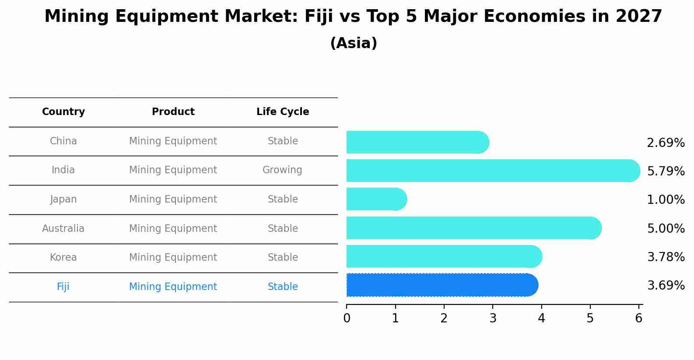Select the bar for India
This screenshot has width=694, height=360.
pos(492,171)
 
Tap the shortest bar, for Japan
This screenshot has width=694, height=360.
pos(376,199)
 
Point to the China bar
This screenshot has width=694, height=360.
pos(417,142)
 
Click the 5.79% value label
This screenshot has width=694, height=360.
pos(666,171)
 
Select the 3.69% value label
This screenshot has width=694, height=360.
pos(666,286)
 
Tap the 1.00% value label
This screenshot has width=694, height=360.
pos(666,200)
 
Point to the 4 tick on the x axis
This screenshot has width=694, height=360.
pos(541,318)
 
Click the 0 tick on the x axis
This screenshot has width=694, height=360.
pos(347,318)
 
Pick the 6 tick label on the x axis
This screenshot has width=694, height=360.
pos(638,318)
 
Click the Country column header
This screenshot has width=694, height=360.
pos(63,112)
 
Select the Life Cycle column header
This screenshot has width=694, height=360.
pos(283,112)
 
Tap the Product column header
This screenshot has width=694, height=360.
pos(173,112)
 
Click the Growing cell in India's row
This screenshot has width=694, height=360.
pos(282,170)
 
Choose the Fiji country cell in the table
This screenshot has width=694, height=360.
pos(63,287)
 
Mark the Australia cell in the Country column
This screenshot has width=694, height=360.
pos(63,229)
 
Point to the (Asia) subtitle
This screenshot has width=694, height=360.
pos(354,43)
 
